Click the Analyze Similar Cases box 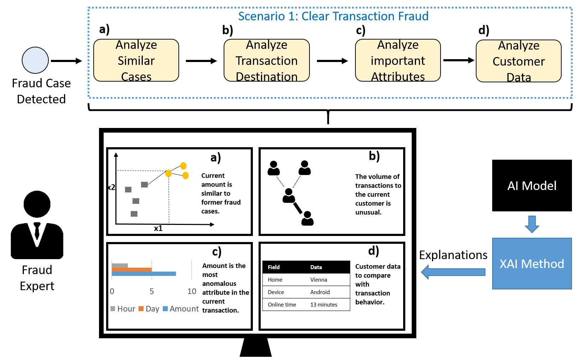point(136,60)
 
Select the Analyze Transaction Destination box point(266,60)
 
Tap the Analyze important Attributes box point(398,60)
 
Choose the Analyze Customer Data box point(519,61)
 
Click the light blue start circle point(35,60)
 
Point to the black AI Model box point(532,185)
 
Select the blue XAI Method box point(532,263)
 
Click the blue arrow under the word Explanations point(453,272)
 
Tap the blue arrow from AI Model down point(532,224)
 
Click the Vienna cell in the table point(319,279)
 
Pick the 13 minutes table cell point(323,304)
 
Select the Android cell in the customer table point(320,292)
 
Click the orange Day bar point(132,269)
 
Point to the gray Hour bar point(120,266)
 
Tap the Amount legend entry point(181,309)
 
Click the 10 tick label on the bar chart point(192,291)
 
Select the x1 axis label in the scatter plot point(158,228)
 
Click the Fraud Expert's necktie point(37,230)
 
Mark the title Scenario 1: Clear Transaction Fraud point(333,16)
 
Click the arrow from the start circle point(66,61)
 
